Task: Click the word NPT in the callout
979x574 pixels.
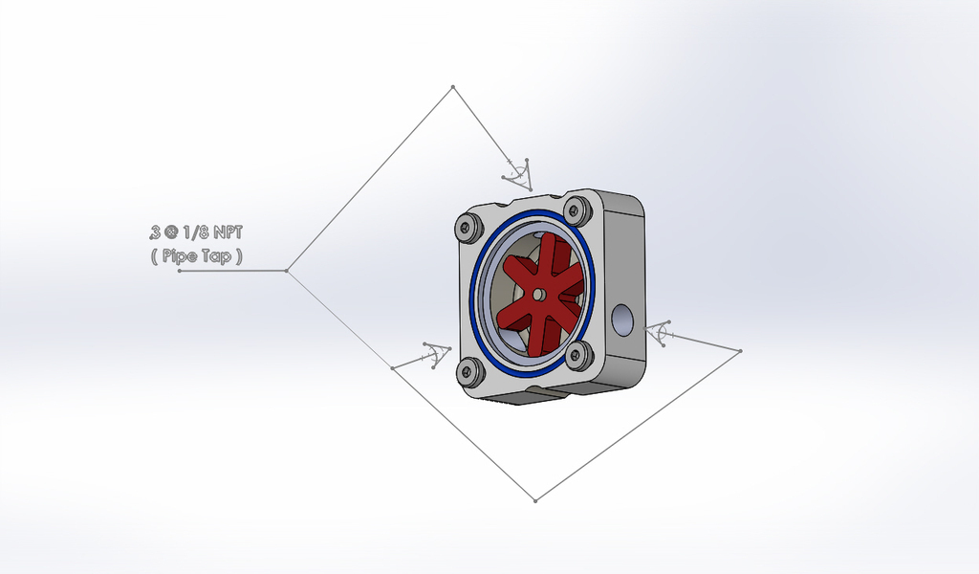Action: (x=228, y=232)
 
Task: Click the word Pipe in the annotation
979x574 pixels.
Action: (x=180, y=256)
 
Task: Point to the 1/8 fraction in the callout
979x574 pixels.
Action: (x=194, y=232)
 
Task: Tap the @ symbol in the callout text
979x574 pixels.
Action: (x=170, y=232)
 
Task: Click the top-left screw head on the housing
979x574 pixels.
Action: (x=468, y=228)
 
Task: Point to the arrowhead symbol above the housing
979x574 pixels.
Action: (x=518, y=171)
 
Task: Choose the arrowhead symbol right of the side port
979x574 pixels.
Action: (x=660, y=334)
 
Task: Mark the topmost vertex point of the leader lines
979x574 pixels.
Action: (x=452, y=88)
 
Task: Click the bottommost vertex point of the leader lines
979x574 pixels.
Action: (x=535, y=500)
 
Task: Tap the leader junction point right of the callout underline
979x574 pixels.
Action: (x=286, y=271)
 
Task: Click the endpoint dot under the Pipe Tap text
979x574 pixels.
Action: (x=180, y=271)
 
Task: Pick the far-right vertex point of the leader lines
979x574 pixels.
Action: (x=741, y=351)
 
